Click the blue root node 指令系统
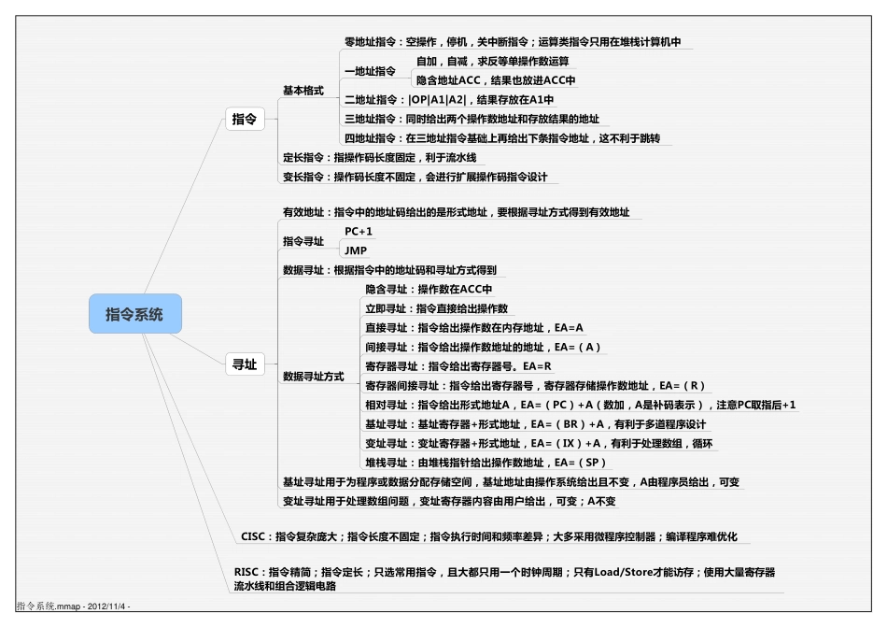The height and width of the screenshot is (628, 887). (134, 314)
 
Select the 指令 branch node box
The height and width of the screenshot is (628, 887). (244, 120)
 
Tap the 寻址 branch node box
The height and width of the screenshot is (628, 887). (244, 365)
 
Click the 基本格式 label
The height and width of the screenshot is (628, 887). (303, 91)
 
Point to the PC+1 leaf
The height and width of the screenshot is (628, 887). (359, 230)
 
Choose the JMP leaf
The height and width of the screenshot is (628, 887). (356, 250)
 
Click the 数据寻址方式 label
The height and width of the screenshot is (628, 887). (313, 377)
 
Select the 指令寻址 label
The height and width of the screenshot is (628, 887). (303, 241)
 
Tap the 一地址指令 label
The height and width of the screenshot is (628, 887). (370, 71)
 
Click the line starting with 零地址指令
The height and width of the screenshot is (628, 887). (513, 42)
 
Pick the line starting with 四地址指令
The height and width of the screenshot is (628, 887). (502, 138)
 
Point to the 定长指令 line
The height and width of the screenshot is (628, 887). (379, 158)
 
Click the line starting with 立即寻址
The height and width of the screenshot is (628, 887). (436, 308)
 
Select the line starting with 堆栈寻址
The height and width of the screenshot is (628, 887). (486, 463)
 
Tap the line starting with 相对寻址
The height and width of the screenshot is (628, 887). (580, 405)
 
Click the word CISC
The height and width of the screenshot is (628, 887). (254, 537)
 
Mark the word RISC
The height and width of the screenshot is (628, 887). (247, 572)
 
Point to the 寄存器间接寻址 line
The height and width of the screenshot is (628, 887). (535, 385)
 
